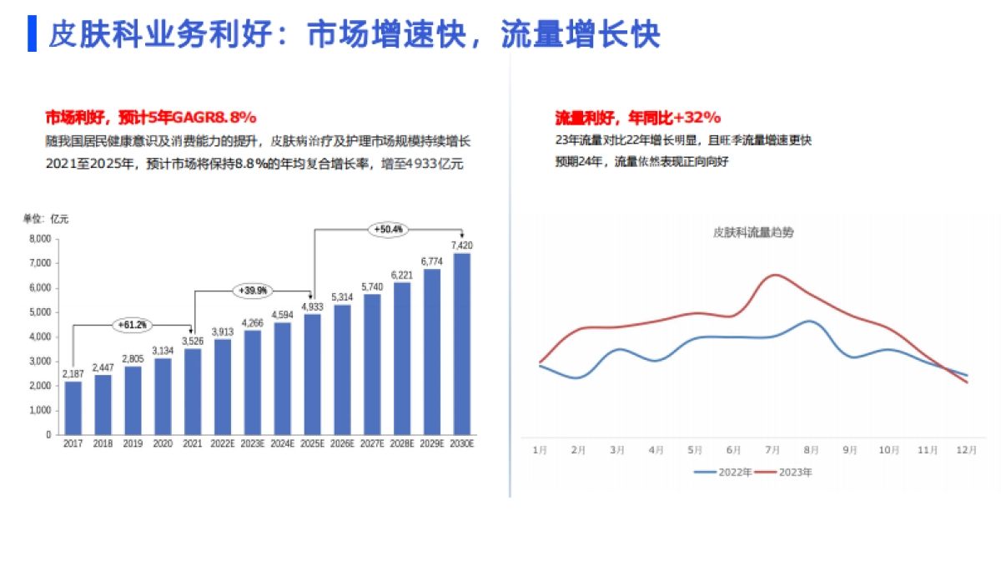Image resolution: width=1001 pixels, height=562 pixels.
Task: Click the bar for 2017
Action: (x=73, y=408)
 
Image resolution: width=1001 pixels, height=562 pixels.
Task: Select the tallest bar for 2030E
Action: (x=461, y=344)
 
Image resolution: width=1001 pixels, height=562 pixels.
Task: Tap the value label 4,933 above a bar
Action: (x=312, y=306)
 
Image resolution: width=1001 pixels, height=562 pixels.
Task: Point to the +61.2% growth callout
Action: (x=133, y=324)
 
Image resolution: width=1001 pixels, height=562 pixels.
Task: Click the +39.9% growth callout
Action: (x=253, y=291)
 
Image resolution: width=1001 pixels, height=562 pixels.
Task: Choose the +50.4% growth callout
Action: (x=388, y=229)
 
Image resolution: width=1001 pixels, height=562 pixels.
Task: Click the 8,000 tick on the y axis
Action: (x=40, y=239)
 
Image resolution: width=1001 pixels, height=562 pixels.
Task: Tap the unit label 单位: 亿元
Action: (x=46, y=219)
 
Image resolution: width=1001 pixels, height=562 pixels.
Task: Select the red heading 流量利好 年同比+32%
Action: (x=638, y=117)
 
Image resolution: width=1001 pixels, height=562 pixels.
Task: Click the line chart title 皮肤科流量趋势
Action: (x=753, y=232)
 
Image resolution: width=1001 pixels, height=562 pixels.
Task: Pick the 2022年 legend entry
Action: (x=723, y=472)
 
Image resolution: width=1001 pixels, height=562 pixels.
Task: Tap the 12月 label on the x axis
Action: (x=966, y=450)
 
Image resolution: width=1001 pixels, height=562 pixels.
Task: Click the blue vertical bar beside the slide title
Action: (x=32, y=33)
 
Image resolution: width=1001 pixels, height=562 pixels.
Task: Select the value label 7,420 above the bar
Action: (x=461, y=246)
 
